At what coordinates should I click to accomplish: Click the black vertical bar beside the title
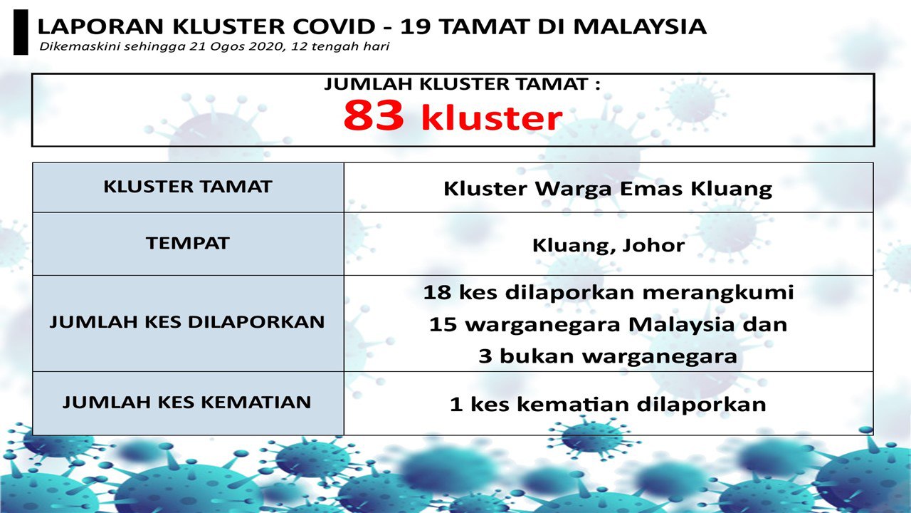click(x=21, y=32)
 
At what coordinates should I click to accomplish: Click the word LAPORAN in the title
click(x=100, y=27)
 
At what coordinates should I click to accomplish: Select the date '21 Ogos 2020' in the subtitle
click(x=237, y=46)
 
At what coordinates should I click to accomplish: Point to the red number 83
click(x=374, y=115)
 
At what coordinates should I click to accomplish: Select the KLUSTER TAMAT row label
click(x=187, y=187)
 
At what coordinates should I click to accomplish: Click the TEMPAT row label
click(x=187, y=243)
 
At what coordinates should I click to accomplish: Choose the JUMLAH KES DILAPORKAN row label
click(x=187, y=322)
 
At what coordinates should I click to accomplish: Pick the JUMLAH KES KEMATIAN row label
click(x=186, y=403)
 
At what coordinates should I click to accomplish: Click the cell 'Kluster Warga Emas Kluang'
click(x=608, y=189)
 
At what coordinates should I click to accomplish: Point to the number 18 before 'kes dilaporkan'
click(x=437, y=292)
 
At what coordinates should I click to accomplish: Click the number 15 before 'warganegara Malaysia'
click(x=443, y=324)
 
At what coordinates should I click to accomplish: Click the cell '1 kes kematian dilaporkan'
click(x=608, y=404)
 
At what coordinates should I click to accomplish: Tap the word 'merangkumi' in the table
click(x=718, y=293)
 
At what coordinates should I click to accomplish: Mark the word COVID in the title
click(x=334, y=27)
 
